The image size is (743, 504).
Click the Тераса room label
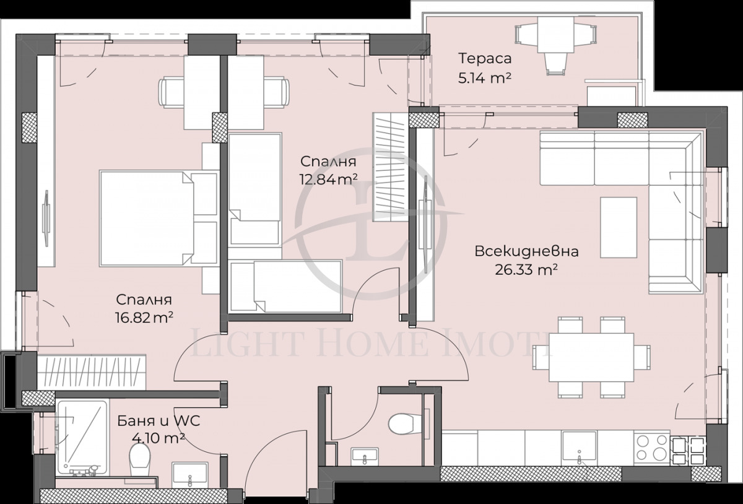pyautogui.click(x=485, y=59)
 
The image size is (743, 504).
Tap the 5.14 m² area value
pyautogui.click(x=485, y=78)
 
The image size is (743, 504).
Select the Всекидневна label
pyautogui.click(x=526, y=251)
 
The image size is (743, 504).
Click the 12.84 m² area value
pyautogui.click(x=328, y=180)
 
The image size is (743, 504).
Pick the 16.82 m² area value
pyautogui.click(x=144, y=318)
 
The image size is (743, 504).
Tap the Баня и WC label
pyautogui.click(x=158, y=422)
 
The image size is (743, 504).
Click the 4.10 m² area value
pyautogui.click(x=158, y=439)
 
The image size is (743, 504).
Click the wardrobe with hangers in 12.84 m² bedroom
pyautogui.click(x=389, y=167)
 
